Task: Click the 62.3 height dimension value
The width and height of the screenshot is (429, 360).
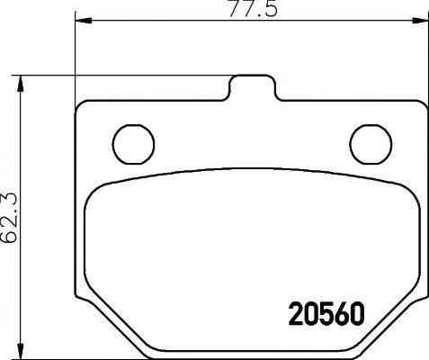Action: (10, 217)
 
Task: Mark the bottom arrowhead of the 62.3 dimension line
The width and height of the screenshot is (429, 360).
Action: (25, 352)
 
